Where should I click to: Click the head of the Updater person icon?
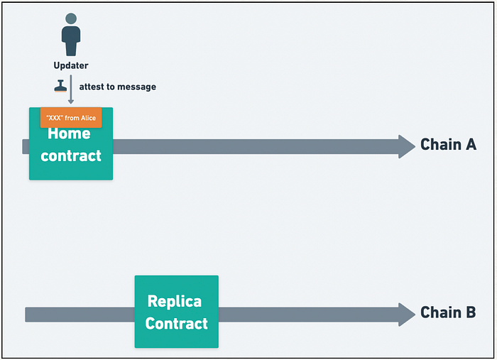[71, 18]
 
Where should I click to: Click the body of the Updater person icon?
[71, 41]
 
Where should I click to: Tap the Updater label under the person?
[71, 65]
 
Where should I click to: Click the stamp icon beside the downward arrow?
[60, 86]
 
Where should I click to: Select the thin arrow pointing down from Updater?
[71, 89]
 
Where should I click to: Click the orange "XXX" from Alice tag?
[71, 118]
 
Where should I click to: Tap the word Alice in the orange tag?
[88, 118]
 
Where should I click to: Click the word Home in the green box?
[69, 133]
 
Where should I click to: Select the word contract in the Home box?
[71, 156]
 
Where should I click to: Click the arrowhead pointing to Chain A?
[407, 147]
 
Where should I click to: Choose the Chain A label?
[449, 145]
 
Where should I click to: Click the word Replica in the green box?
[175, 301]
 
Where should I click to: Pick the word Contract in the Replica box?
[177, 324]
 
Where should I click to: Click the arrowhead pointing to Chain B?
[407, 315]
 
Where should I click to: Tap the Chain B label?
[448, 312]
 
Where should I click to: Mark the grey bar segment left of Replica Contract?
[80, 315]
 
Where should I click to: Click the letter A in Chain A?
[471, 145]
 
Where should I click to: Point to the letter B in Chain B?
[471, 312]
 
